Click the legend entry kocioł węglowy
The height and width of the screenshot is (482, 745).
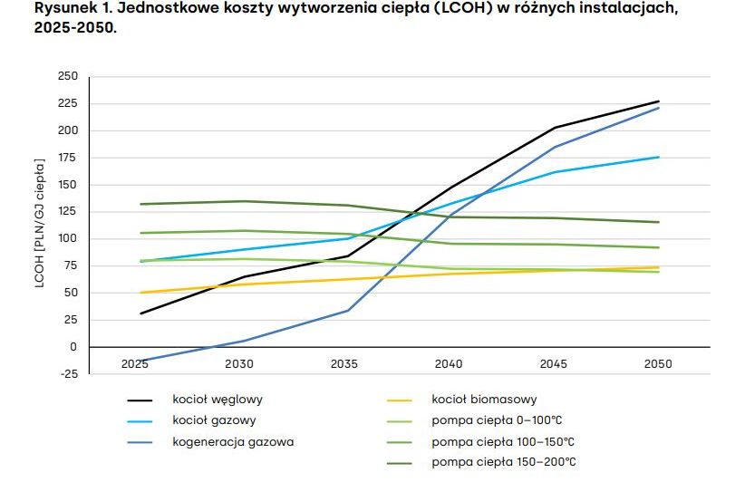pos(218,400)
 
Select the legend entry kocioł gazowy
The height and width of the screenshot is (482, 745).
pos(214,420)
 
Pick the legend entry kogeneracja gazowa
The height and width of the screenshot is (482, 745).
pos(233,441)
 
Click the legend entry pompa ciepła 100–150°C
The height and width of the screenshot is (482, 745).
pos(503,441)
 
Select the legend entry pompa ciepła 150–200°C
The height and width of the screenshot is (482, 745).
pos(503,462)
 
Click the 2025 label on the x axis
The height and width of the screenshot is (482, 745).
pos(135,363)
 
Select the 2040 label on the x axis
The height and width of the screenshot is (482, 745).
pos(449,363)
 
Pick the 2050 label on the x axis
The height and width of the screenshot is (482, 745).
pos(658,363)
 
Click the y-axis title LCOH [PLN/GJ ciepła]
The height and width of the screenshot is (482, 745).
pos(40,223)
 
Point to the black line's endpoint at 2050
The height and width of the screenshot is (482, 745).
pos(659,101)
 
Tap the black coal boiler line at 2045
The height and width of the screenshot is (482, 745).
pos(554,128)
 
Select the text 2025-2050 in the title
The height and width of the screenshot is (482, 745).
pos(76,28)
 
